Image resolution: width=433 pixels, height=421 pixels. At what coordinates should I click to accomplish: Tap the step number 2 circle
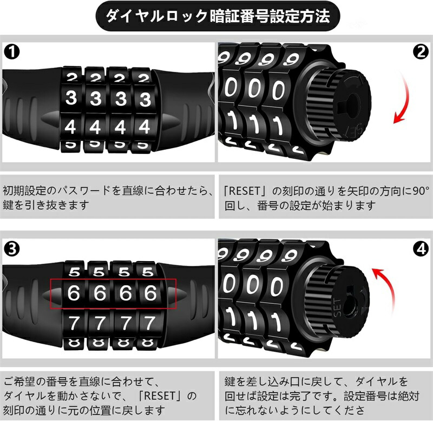click(420, 52)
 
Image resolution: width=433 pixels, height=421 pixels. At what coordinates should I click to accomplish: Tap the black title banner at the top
click(216, 17)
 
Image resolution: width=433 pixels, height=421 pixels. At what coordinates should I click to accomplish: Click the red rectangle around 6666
click(113, 294)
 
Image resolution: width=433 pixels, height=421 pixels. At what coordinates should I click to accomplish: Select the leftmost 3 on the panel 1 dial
click(71, 99)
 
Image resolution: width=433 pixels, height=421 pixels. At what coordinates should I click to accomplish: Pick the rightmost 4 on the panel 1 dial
click(145, 128)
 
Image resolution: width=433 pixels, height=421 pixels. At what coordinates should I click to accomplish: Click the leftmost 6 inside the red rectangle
click(74, 293)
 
